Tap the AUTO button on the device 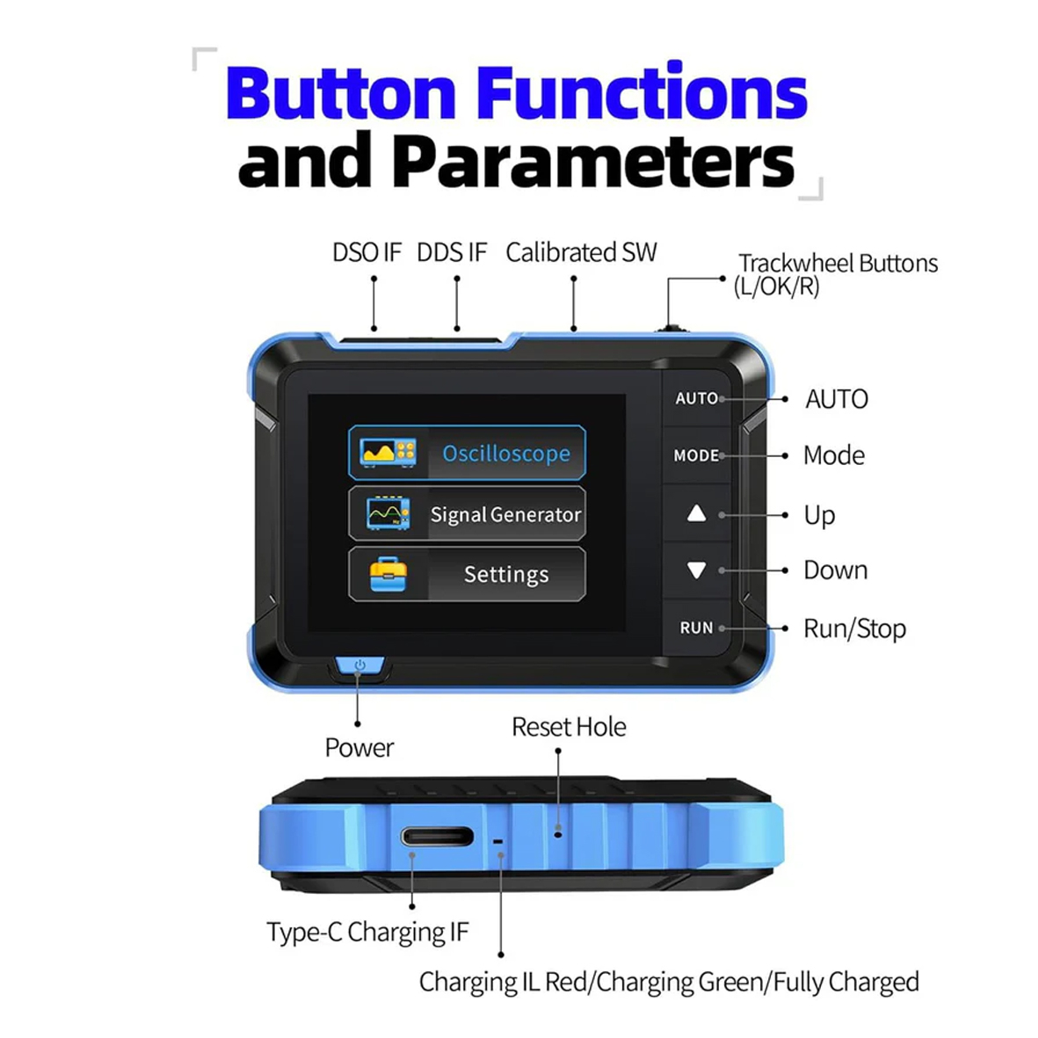pyautogui.click(x=696, y=398)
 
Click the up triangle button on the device pyautogui.click(x=696, y=513)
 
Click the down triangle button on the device pyautogui.click(x=696, y=570)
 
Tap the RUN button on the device pyautogui.click(x=696, y=628)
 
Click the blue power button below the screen pyautogui.click(x=359, y=666)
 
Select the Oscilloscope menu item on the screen pyautogui.click(x=467, y=453)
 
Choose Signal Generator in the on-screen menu pyautogui.click(x=467, y=514)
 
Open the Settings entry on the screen pyautogui.click(x=467, y=574)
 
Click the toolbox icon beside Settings pyautogui.click(x=388, y=575)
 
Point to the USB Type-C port pyautogui.click(x=437, y=838)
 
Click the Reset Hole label pyautogui.click(x=569, y=727)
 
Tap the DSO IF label pyautogui.click(x=367, y=253)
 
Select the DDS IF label pyautogui.click(x=452, y=253)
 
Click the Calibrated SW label pyautogui.click(x=581, y=253)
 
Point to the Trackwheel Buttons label pyautogui.click(x=838, y=264)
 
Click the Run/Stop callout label pyautogui.click(x=854, y=628)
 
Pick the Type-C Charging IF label pyautogui.click(x=367, y=932)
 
